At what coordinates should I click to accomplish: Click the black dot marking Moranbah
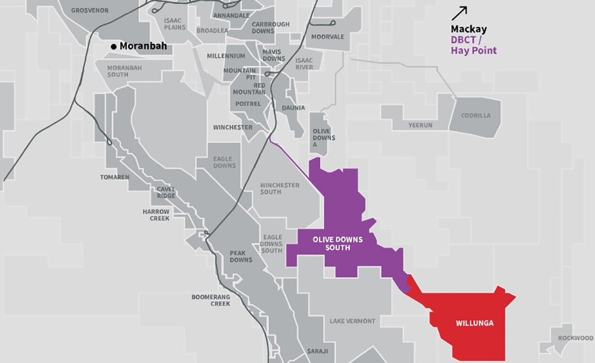[x=114, y=47]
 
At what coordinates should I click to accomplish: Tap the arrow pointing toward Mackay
[x=459, y=13]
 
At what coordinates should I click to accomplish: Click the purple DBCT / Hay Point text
[x=473, y=45]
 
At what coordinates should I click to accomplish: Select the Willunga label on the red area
[x=474, y=323]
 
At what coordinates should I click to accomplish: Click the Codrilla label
[x=476, y=116]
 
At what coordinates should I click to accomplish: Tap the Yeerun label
[x=420, y=126]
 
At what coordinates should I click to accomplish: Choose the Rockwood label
[x=575, y=338]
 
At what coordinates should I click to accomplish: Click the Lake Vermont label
[x=353, y=321]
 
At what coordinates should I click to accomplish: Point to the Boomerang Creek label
[x=211, y=300]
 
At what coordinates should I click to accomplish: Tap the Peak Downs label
[x=241, y=256]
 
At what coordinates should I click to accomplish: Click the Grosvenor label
[x=90, y=10]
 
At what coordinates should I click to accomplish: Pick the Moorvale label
[x=327, y=37]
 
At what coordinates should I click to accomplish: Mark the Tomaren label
[x=115, y=177]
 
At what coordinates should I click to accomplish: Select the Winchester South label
[x=279, y=188]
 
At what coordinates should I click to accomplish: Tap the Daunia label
[x=293, y=108]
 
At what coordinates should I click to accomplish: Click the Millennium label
[x=226, y=56]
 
